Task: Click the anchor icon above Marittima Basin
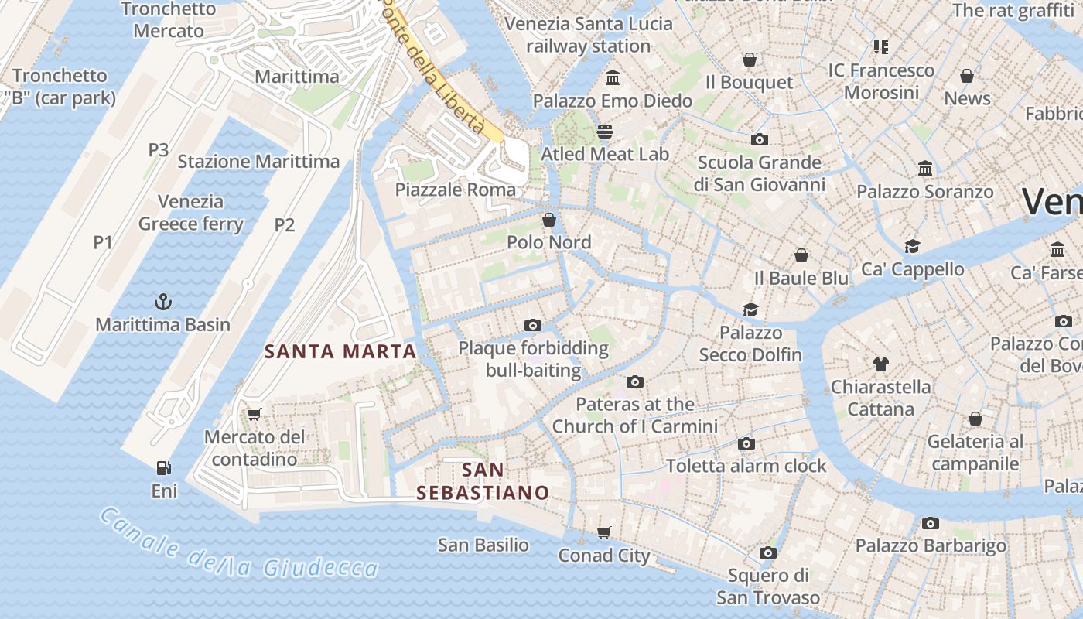tap(163, 301)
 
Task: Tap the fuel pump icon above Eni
tap(163, 467)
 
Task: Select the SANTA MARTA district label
tap(340, 351)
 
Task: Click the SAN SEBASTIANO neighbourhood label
tap(483, 480)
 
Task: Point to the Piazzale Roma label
tap(455, 190)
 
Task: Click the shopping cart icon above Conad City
tap(604, 532)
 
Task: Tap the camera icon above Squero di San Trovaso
tap(767, 552)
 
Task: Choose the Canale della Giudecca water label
tap(238, 547)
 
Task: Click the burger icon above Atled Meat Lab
tap(604, 132)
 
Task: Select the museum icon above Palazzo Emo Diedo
tap(613, 77)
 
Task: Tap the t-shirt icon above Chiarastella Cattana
tap(880, 364)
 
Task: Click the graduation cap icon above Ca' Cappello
tap(912, 246)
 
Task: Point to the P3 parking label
tap(158, 149)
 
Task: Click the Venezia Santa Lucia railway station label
tap(588, 35)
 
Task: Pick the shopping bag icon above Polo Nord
tap(548, 220)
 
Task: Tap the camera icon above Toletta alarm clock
tap(746, 443)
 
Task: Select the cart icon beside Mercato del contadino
tap(254, 414)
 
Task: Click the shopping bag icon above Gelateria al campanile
tap(975, 419)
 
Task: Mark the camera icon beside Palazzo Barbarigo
tap(930, 523)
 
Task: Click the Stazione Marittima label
tap(258, 161)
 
